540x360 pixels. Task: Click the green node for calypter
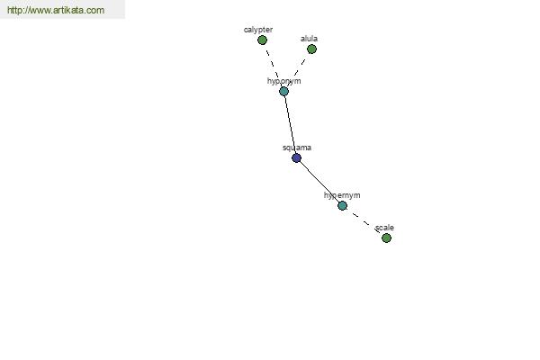pyautogui.click(x=262, y=40)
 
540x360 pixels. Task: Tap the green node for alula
pyautogui.click(x=311, y=49)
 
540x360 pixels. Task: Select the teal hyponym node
pyautogui.click(x=283, y=91)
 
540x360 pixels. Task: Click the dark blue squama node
pyautogui.click(x=296, y=158)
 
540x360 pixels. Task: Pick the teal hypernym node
pyautogui.click(x=342, y=206)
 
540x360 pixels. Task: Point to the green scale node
pyautogui.click(x=386, y=238)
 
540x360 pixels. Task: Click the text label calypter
pyautogui.click(x=258, y=30)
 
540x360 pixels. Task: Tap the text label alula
pyautogui.click(x=309, y=39)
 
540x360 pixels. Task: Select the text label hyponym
pyautogui.click(x=284, y=81)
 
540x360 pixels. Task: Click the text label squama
pyautogui.click(x=297, y=148)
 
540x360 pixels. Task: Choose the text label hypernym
pyautogui.click(x=342, y=195)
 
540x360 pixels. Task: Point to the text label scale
pyautogui.click(x=384, y=228)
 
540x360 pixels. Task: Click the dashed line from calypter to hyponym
pyautogui.click(x=273, y=66)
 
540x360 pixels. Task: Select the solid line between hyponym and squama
pyautogui.click(x=290, y=125)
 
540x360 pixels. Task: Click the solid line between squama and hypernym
pyautogui.click(x=319, y=182)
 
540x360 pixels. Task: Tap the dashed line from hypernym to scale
pyautogui.click(x=364, y=222)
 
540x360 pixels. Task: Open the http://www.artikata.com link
pyautogui.click(x=56, y=10)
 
